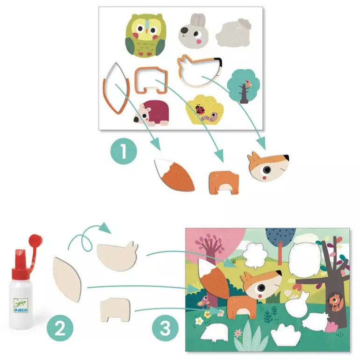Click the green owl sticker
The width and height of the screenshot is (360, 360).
coord(145,36)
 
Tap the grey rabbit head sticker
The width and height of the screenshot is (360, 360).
coord(194,31)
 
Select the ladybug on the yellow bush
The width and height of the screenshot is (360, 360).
coord(200,109)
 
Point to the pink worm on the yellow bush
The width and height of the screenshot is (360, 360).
coord(209,116)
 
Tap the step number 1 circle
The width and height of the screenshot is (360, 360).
coord(123,151)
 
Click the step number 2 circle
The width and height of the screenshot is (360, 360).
coord(60,328)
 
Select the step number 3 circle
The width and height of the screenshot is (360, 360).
coord(165,328)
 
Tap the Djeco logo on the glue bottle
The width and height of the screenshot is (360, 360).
coord(21,306)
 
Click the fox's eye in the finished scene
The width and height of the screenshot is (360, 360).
coord(261,288)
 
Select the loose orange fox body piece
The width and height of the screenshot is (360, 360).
coord(224,183)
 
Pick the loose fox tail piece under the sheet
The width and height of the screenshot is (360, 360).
coord(174,174)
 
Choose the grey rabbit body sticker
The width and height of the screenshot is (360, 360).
coord(233,33)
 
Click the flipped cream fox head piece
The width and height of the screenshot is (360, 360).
coord(117,257)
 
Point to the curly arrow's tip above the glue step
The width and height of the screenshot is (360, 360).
coord(111,233)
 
